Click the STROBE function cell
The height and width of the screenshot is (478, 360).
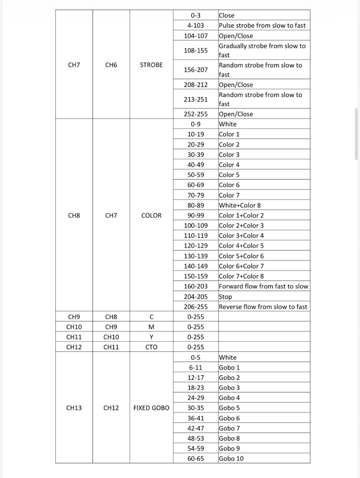click(x=151, y=65)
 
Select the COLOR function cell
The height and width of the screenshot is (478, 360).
click(x=151, y=216)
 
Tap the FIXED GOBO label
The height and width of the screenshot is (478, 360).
click(x=151, y=408)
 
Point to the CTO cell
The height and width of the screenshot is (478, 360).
click(x=151, y=347)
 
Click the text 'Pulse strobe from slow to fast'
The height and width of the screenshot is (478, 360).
click(x=262, y=26)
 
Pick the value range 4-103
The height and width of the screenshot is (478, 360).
click(x=196, y=26)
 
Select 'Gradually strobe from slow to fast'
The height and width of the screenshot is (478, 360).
click(x=262, y=50)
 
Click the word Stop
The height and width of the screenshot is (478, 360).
click(x=225, y=297)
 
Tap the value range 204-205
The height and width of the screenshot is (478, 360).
click(x=196, y=297)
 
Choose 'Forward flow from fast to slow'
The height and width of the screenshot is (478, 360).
click(x=263, y=286)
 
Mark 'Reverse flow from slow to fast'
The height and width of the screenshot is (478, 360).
click(x=263, y=307)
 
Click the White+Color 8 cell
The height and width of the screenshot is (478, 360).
click(x=240, y=205)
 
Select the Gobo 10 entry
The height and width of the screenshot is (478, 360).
click(x=231, y=459)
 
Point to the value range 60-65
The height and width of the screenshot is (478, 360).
click(x=196, y=459)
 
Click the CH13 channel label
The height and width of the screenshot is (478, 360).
click(x=74, y=408)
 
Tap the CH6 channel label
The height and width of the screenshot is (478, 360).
click(x=111, y=65)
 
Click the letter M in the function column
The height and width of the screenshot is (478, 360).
click(x=151, y=327)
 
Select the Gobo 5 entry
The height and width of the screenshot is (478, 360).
click(x=229, y=408)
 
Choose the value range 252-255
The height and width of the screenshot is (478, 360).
click(x=196, y=114)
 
